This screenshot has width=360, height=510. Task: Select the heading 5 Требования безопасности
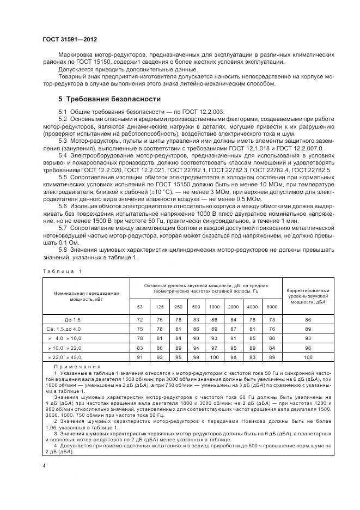click(x=109, y=99)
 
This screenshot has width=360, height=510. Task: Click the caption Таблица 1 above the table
click(x=61, y=271)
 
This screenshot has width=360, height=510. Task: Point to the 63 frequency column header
click(x=140, y=307)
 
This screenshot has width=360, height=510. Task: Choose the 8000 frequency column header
click(x=272, y=307)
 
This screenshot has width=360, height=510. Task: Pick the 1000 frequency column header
click(x=215, y=307)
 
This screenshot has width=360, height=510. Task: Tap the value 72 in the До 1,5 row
click(x=140, y=320)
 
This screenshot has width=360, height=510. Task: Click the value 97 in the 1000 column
click(x=215, y=348)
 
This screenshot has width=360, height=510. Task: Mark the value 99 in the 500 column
click(x=196, y=357)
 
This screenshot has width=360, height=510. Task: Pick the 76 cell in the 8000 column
click(x=272, y=329)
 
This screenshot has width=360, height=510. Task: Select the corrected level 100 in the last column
click(x=308, y=357)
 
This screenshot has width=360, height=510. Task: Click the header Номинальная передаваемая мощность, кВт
click(x=86, y=296)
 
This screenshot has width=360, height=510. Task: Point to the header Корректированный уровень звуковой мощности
click(x=308, y=296)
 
